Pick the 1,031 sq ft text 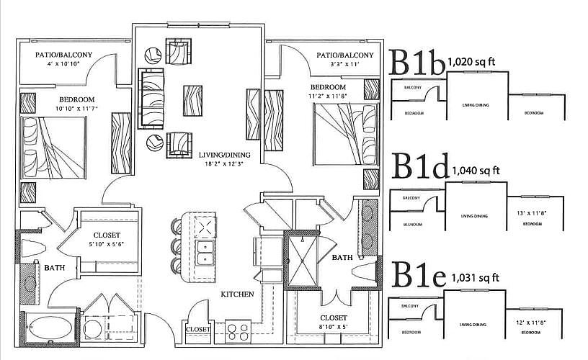(x=475, y=277)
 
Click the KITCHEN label (x=237, y=294)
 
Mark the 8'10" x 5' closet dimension (x=334, y=327)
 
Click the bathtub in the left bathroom (x=48, y=330)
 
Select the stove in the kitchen (x=239, y=332)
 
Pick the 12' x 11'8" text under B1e (x=533, y=321)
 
